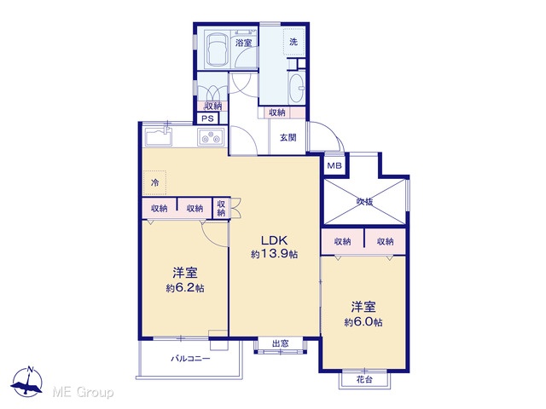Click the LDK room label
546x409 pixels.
[274, 240]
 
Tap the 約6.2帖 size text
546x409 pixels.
[185, 288]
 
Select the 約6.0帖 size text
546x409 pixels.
[363, 322]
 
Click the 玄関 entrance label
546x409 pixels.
[288, 138]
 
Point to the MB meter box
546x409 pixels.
[334, 166]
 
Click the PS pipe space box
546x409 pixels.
[207, 118]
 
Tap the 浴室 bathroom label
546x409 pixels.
[243, 43]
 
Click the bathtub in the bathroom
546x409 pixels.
[218, 49]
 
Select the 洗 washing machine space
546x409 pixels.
[293, 42]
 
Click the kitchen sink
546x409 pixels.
[159, 136]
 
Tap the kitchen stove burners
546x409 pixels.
[211, 136]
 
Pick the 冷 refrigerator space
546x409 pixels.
[154, 182]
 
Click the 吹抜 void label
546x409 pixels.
[364, 201]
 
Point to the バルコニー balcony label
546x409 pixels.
[190, 359]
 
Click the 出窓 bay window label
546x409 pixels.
[281, 343]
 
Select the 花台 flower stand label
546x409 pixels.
[364, 379]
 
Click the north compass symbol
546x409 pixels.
[27, 381]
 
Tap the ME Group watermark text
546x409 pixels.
[83, 393]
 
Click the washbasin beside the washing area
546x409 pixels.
[297, 88]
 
